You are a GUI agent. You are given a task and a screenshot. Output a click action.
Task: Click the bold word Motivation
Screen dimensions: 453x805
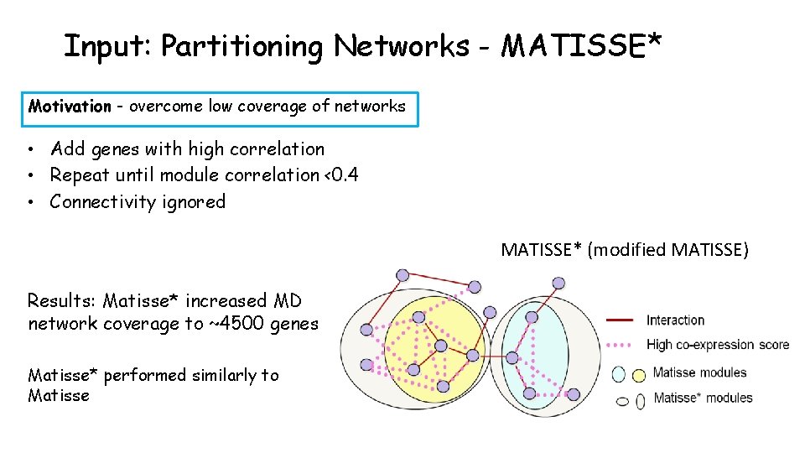tap(70, 107)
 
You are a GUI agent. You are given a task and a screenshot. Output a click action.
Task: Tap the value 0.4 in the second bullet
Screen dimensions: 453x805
tap(345, 175)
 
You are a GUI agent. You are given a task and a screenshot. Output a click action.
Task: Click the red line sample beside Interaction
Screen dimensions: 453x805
tap(619, 320)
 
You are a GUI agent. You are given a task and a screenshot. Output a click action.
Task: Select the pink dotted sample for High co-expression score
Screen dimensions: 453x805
tap(619, 345)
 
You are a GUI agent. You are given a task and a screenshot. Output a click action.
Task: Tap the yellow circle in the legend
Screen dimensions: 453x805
tap(639, 374)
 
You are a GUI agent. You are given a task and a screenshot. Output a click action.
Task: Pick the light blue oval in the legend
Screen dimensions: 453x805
tap(620, 374)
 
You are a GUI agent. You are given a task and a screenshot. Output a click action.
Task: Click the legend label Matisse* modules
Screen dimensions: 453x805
tap(703, 398)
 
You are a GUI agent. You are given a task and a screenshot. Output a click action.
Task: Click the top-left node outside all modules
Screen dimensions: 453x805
tap(402, 275)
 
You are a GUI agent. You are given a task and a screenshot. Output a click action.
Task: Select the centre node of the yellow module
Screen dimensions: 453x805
tap(440, 346)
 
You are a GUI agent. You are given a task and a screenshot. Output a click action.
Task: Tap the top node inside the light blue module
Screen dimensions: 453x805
tap(531, 316)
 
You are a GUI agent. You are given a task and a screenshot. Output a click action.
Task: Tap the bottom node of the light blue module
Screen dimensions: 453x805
tap(528, 393)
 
